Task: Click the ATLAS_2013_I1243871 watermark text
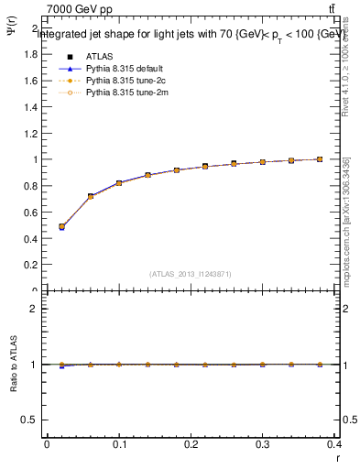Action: tap(191, 274)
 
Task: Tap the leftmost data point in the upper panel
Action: tap(61, 226)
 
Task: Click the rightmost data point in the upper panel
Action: tap(320, 159)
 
